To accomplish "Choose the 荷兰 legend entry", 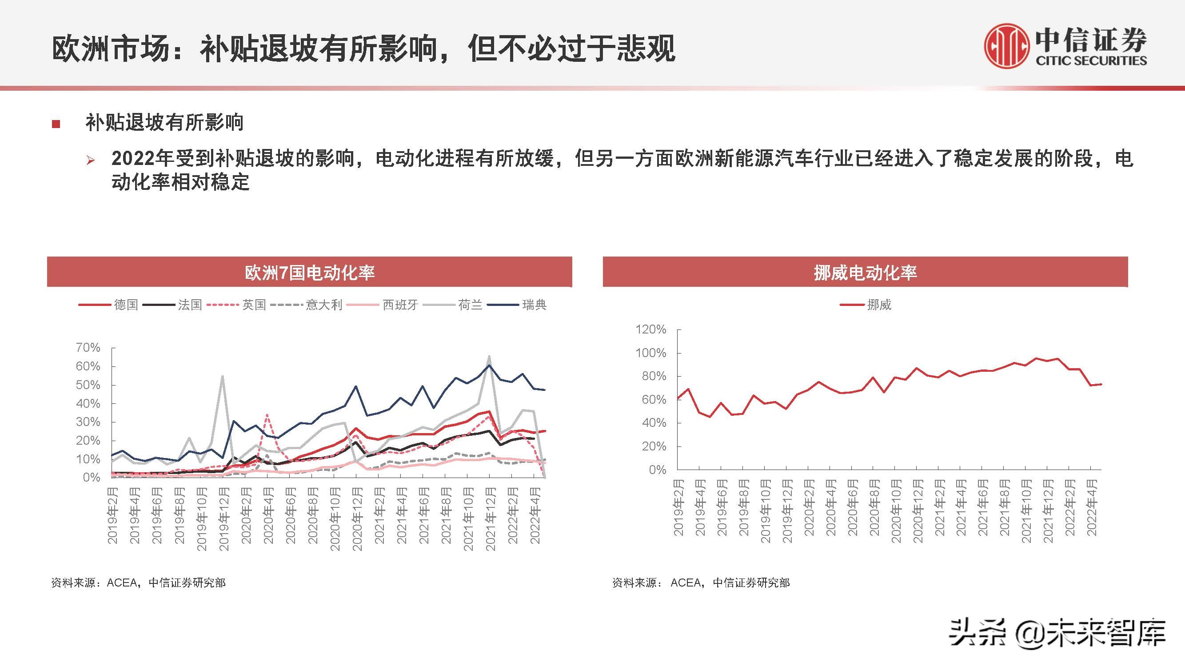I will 470,305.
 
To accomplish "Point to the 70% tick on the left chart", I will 88,348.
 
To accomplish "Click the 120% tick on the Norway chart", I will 650,329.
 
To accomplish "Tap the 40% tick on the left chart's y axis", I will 88,404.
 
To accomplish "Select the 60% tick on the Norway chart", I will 653,400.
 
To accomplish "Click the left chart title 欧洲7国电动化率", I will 309,273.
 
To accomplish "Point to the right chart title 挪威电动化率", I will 865,273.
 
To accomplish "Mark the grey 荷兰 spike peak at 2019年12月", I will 223,376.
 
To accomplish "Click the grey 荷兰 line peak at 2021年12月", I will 489,356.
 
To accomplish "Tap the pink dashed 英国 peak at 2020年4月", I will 267,414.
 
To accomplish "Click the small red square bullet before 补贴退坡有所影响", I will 56,124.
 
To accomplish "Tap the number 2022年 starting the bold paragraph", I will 141,159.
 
